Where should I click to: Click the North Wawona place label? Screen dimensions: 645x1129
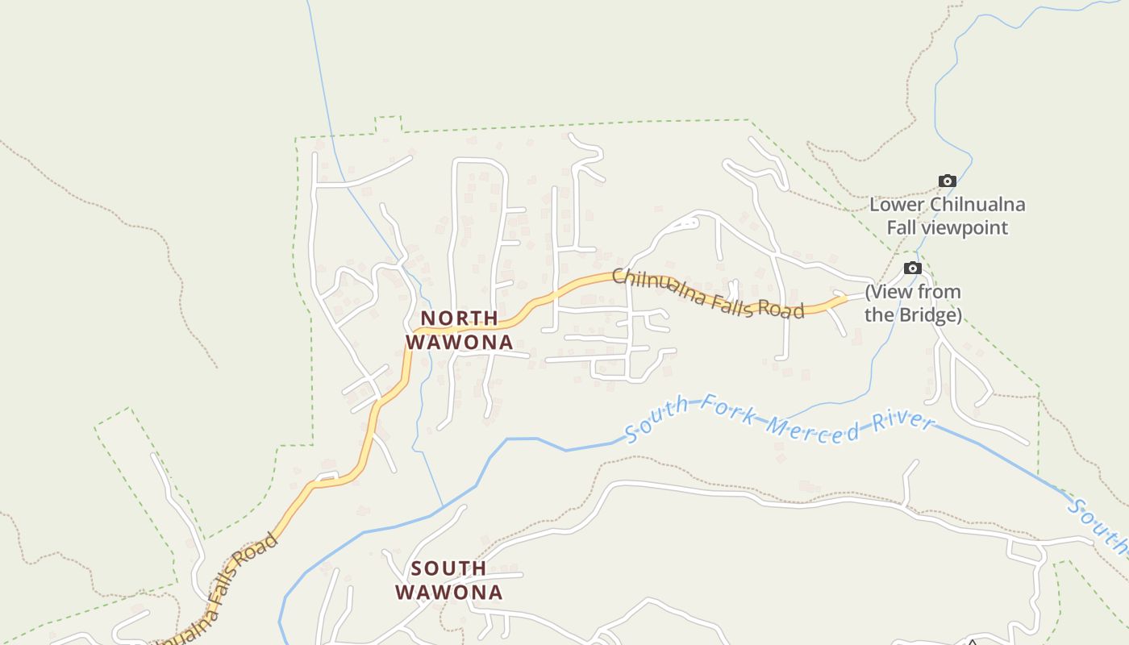tap(459, 330)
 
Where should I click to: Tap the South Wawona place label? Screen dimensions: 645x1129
tap(448, 580)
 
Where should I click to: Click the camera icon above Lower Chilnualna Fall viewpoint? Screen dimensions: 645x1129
tap(947, 181)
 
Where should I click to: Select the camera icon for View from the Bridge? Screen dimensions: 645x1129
tap(912, 268)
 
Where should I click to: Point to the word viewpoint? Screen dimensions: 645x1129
tap(969, 227)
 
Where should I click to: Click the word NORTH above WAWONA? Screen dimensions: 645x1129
tap(459, 318)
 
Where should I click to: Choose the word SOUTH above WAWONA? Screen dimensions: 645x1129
tap(448, 568)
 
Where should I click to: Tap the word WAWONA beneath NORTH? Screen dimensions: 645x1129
tap(459, 342)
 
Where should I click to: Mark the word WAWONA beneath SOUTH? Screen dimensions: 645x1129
tap(448, 593)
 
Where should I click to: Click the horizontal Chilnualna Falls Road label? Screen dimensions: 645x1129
tap(708, 293)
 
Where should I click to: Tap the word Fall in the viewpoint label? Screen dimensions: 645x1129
tap(902, 227)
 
